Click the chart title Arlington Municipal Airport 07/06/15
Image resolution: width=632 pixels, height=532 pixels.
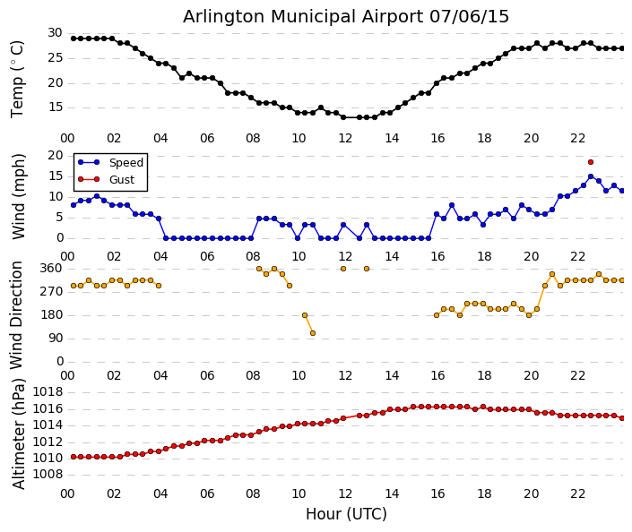[x=346, y=16]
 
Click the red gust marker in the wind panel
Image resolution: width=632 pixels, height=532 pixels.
[x=591, y=162]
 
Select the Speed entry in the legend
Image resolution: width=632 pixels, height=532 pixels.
[x=126, y=163]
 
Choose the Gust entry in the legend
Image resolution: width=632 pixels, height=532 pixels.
[x=121, y=179]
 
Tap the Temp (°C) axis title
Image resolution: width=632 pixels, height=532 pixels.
[x=18, y=78]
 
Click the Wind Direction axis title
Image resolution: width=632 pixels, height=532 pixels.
[x=18, y=315]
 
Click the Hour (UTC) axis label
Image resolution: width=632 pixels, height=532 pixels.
[x=346, y=514]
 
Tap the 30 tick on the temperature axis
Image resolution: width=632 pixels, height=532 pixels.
[x=55, y=33]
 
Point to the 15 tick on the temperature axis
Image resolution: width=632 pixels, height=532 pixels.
[x=55, y=107]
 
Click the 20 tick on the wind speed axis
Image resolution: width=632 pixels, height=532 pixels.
[x=55, y=155]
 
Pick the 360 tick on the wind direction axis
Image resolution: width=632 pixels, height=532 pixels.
[x=51, y=268]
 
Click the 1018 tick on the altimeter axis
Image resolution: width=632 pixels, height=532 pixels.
[x=48, y=391]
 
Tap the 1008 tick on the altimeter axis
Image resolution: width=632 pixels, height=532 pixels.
[x=48, y=474]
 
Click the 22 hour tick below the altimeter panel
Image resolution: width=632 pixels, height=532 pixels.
[x=578, y=493]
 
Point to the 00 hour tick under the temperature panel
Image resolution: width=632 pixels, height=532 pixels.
[x=67, y=138]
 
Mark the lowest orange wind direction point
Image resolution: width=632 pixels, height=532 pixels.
[x=313, y=333]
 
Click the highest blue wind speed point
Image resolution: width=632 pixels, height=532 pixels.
[x=591, y=176]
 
